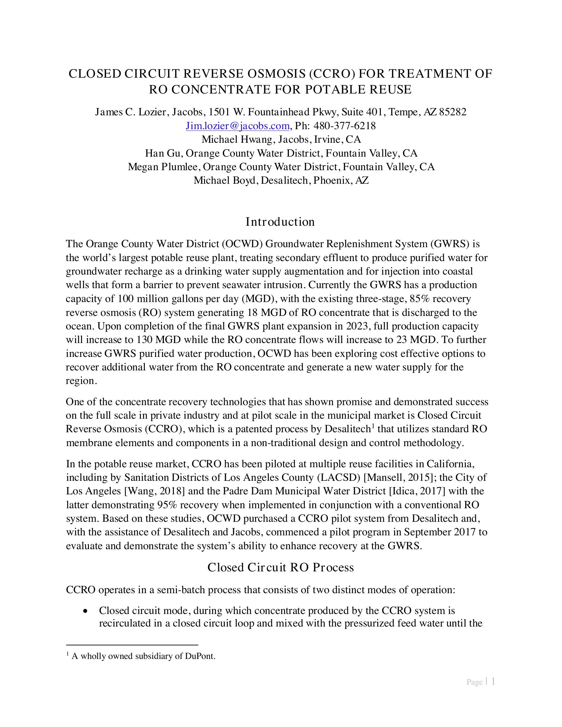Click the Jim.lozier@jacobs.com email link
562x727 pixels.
[237, 126]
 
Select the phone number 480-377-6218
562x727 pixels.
[344, 126]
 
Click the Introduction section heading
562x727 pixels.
[280, 222]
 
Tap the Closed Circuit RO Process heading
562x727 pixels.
[280, 567]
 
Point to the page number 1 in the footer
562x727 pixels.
[493, 681]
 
